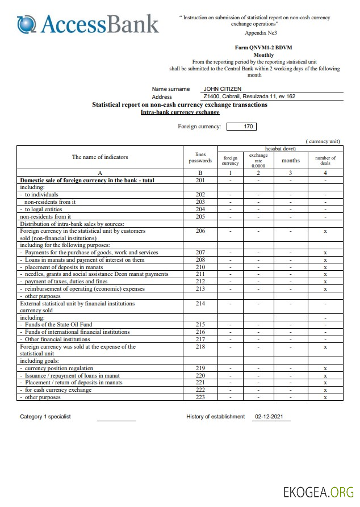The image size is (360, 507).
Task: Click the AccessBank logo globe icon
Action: [27, 23]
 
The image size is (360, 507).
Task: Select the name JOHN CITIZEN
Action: [222, 89]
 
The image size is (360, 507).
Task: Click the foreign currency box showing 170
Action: [249, 127]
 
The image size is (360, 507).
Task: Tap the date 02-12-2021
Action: [269, 417]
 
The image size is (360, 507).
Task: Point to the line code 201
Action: [200, 181]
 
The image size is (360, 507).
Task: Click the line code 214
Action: [200, 304]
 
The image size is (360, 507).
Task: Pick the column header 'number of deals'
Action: [325, 160]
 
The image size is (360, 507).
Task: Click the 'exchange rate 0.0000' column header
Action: [258, 160]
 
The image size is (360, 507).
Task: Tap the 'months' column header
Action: [290, 160]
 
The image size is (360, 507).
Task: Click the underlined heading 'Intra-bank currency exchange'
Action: [180, 112]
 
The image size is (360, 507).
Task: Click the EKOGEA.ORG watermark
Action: [319, 492]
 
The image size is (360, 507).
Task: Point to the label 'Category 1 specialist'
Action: [45, 417]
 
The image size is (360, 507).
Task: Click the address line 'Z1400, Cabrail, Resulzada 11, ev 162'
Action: [249, 97]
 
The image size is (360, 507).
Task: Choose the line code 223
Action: [200, 397]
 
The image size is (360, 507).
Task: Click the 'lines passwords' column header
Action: [200, 157]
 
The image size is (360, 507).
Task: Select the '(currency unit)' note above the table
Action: [323, 141]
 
